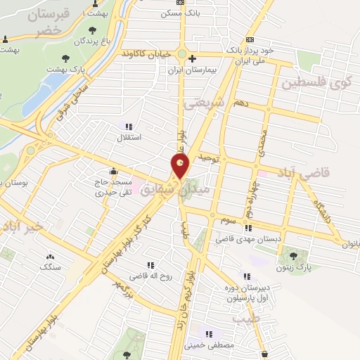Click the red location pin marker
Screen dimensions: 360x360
(181, 166)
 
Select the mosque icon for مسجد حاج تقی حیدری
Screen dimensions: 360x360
(112, 171)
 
